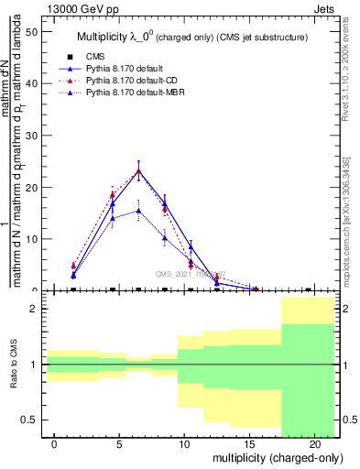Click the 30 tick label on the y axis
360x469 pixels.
click(x=30, y=136)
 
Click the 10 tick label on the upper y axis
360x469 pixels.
click(x=30, y=239)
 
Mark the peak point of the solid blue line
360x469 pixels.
click(x=138, y=170)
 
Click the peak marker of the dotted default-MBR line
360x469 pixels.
click(x=138, y=210)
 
